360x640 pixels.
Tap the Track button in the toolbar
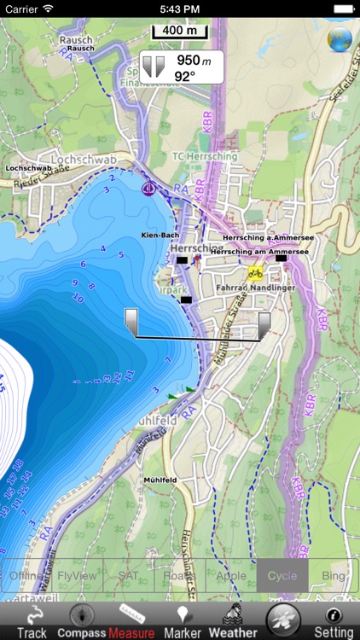[x=32, y=621]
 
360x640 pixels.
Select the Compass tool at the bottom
[x=81, y=621]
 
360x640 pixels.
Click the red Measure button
[x=131, y=621]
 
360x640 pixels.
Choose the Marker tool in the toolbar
[x=182, y=621]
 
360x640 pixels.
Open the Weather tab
[x=233, y=621]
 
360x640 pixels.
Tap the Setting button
[x=334, y=621]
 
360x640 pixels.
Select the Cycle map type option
[x=282, y=576]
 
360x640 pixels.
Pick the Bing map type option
[x=334, y=576]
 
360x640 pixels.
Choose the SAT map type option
[x=129, y=576]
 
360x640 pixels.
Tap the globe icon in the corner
[x=340, y=39]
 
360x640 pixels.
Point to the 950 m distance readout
[x=188, y=61]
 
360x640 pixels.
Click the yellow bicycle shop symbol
[x=254, y=274]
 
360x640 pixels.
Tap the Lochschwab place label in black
[x=29, y=168]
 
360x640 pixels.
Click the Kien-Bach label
[x=160, y=234]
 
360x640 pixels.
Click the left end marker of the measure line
[x=131, y=321]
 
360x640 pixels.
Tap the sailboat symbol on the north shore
[x=149, y=188]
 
